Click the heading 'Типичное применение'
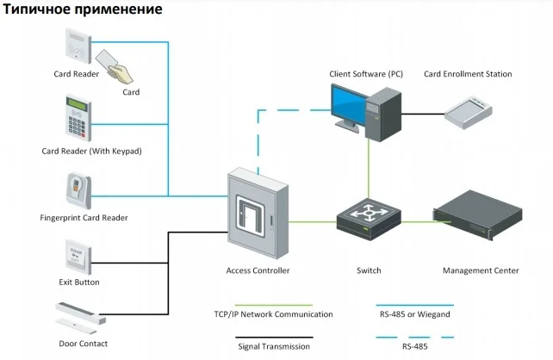pyautogui.click(x=82, y=10)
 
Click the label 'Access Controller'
pyautogui.click(x=258, y=270)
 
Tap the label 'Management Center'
pyautogui.click(x=481, y=270)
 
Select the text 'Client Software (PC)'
pyautogui.click(x=366, y=74)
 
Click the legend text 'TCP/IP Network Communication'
pyautogui.click(x=273, y=314)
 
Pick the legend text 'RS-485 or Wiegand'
pyautogui.click(x=415, y=314)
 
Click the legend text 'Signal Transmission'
pyautogui.click(x=273, y=346)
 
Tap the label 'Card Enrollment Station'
pyautogui.click(x=468, y=74)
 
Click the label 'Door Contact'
pyautogui.click(x=83, y=343)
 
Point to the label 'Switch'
pyautogui.click(x=369, y=270)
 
